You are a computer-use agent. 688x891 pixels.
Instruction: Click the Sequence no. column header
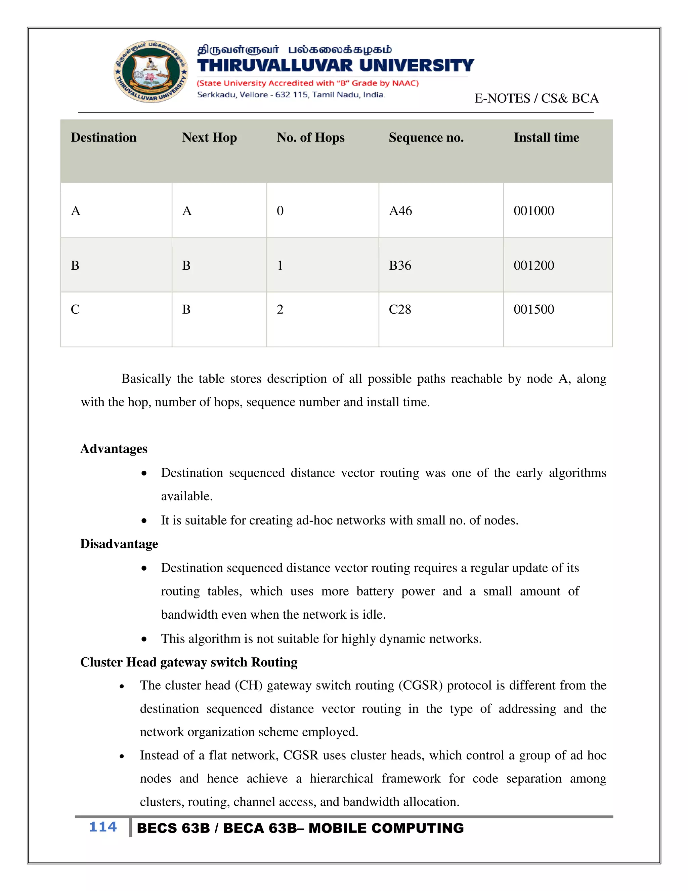(x=426, y=138)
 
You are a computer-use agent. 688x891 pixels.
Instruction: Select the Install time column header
(x=546, y=138)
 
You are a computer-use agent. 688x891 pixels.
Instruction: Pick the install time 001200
(x=533, y=266)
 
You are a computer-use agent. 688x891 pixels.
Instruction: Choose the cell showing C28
(x=399, y=309)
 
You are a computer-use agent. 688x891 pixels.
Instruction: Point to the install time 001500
(x=533, y=309)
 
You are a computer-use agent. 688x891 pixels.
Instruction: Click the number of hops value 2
(x=280, y=309)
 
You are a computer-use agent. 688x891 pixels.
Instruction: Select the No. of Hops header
(x=311, y=138)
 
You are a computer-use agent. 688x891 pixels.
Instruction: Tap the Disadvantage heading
(x=119, y=544)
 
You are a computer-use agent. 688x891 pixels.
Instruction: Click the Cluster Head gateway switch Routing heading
(x=189, y=662)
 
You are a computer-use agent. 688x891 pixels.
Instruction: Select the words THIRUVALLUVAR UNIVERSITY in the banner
(x=335, y=65)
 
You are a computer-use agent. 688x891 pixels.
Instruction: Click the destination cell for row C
(x=75, y=309)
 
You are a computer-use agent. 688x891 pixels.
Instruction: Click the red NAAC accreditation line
(x=308, y=83)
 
